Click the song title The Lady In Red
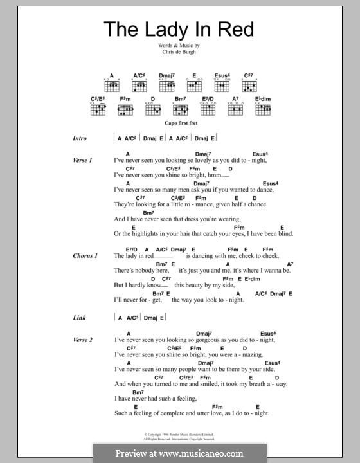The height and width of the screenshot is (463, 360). [x=179, y=30]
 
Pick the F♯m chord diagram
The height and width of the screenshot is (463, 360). [x=125, y=109]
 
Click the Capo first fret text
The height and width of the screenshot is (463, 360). [x=179, y=127]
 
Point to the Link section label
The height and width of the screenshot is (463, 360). [x=78, y=317]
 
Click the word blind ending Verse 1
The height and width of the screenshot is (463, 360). [x=283, y=234]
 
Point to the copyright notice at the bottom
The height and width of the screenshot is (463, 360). [x=179, y=437]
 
